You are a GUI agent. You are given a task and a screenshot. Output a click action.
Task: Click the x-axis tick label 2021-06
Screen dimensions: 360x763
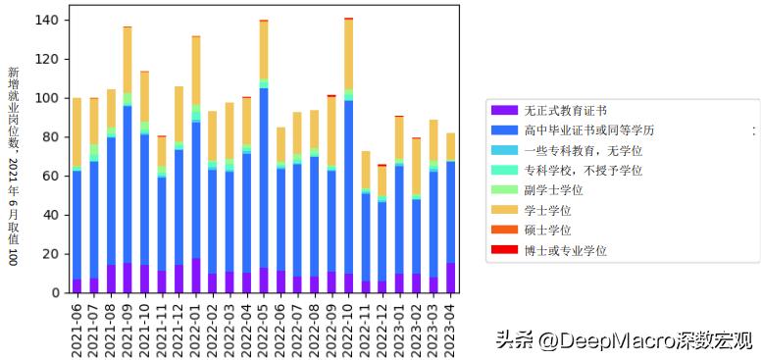(77, 327)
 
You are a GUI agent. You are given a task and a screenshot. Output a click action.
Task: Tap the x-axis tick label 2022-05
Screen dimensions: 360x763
(264, 327)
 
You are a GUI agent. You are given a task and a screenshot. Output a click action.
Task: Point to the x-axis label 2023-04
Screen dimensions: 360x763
(450, 327)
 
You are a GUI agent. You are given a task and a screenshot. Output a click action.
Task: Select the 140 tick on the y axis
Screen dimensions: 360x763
(45, 20)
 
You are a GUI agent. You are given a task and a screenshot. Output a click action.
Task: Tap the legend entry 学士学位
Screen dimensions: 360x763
(547, 210)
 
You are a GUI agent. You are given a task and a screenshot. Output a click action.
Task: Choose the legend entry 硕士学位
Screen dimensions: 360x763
(547, 231)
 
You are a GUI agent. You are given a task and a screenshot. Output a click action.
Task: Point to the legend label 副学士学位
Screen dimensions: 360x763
(554, 190)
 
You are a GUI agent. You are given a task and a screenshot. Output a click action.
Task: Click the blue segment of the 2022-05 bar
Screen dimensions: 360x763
(264, 177)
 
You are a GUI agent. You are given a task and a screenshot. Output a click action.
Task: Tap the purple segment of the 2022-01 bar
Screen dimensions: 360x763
(196, 276)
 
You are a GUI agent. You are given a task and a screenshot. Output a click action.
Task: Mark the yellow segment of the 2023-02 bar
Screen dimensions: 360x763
(417, 167)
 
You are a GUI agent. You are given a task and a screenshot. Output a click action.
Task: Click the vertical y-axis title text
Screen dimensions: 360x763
(13, 166)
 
